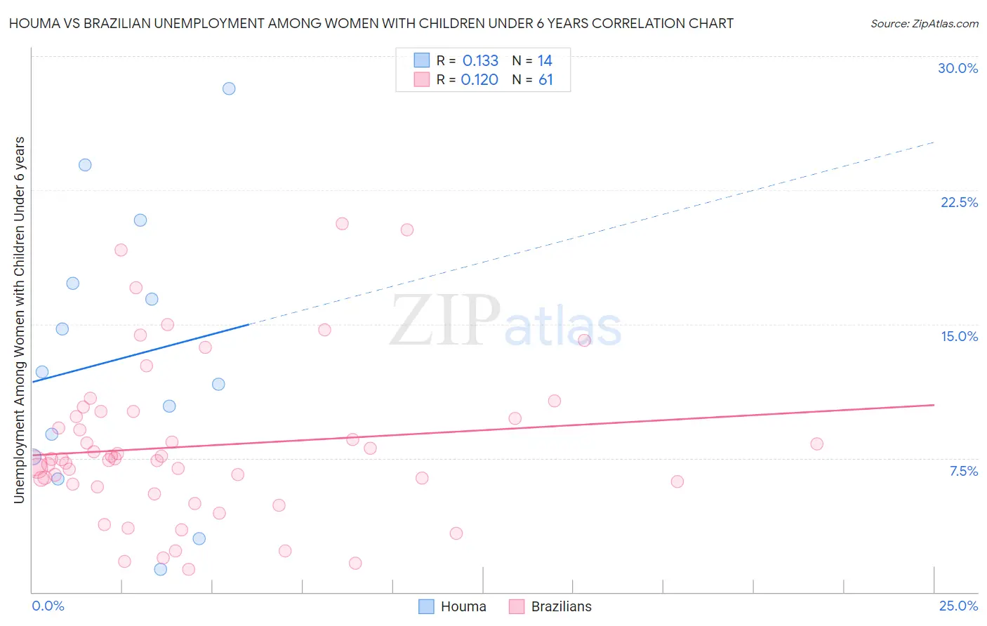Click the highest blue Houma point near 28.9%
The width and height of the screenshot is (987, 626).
(229, 88)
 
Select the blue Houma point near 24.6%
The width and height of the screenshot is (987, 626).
(85, 165)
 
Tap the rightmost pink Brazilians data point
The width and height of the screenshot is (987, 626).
(816, 444)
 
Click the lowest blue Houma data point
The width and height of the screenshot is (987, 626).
(161, 569)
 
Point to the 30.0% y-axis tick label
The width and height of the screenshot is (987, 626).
(958, 68)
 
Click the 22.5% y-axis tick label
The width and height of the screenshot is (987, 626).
(959, 202)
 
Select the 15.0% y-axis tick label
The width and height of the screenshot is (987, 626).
(959, 336)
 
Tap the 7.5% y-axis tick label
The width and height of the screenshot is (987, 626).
(963, 471)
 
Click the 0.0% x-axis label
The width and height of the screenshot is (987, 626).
(48, 606)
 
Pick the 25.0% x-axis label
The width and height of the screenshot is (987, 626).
(958, 606)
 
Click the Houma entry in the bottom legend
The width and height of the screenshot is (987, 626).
(463, 606)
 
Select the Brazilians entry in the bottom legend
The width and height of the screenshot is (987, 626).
(561, 606)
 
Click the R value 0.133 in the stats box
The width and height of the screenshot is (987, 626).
(480, 61)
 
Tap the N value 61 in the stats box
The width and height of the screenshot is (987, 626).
(545, 80)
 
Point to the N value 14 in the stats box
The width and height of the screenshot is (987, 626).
(545, 61)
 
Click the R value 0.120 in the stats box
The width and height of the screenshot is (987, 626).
(479, 80)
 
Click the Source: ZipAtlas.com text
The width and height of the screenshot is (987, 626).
(924, 24)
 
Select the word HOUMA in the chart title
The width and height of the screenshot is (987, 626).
(33, 23)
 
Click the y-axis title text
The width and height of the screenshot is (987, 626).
(19, 320)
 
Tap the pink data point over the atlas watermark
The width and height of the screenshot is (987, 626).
(584, 340)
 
